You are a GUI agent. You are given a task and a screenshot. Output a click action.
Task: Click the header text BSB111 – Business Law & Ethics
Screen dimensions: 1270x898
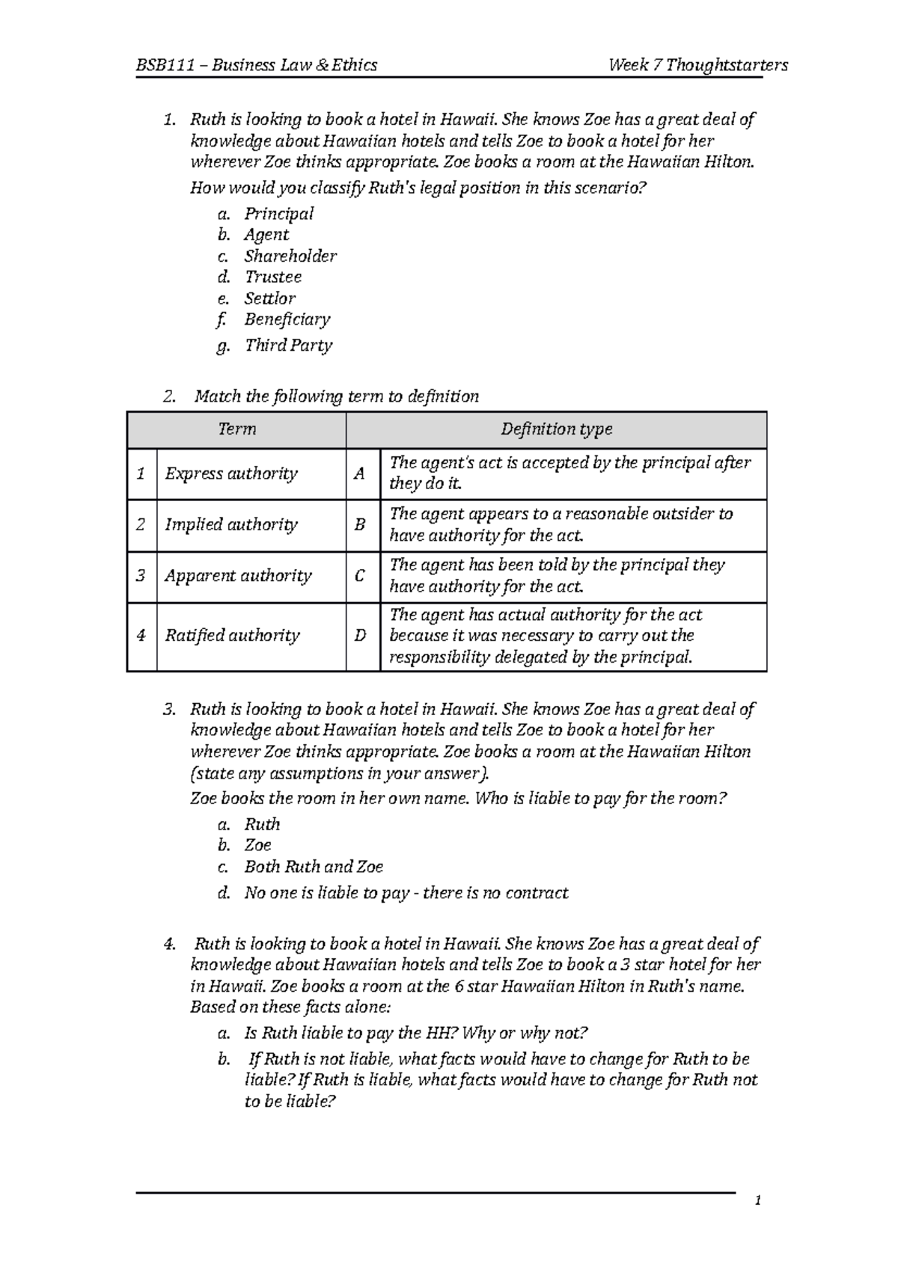click(x=256, y=65)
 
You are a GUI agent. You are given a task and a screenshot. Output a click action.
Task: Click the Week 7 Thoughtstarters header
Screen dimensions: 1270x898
click(x=698, y=65)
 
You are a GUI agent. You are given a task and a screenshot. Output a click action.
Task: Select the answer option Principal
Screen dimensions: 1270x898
click(x=278, y=214)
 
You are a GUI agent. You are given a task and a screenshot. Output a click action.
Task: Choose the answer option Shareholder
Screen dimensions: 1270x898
click(x=290, y=257)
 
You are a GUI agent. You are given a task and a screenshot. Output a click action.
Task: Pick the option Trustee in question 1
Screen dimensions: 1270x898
click(x=273, y=277)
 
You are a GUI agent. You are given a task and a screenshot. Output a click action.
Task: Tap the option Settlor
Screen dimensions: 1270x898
click(x=269, y=298)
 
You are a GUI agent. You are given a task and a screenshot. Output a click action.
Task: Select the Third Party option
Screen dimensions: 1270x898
click(x=288, y=346)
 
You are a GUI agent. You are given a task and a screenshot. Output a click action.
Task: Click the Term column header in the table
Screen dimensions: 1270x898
click(x=236, y=429)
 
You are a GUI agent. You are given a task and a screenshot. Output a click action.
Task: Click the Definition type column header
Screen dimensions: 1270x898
click(x=556, y=429)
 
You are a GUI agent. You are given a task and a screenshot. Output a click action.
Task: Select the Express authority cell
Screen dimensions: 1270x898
click(x=231, y=474)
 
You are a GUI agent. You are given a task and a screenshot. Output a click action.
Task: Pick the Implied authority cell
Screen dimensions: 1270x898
click(x=231, y=525)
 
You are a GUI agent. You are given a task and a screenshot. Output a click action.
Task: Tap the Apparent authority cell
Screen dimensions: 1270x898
click(x=238, y=577)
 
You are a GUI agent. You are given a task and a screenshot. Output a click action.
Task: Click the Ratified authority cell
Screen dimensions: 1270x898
click(x=232, y=636)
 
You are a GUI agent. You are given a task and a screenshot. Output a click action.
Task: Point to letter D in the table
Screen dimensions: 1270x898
click(x=361, y=636)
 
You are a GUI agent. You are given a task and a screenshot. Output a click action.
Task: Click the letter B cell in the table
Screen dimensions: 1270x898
click(x=360, y=525)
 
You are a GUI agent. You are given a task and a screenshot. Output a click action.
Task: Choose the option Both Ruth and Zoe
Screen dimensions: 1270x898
click(x=314, y=867)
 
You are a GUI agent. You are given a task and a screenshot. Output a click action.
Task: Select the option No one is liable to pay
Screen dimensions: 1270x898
click(x=406, y=893)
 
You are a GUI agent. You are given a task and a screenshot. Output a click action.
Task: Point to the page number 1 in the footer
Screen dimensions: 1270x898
click(x=758, y=1201)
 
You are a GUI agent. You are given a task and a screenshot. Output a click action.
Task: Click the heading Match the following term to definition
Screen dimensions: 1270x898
click(x=336, y=396)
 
